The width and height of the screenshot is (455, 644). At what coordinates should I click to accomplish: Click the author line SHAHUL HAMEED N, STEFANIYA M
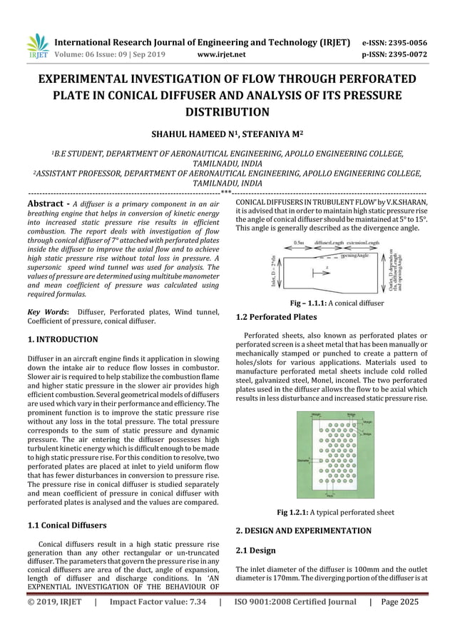[x=227, y=133]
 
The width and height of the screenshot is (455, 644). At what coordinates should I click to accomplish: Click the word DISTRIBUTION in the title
[x=227, y=111]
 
